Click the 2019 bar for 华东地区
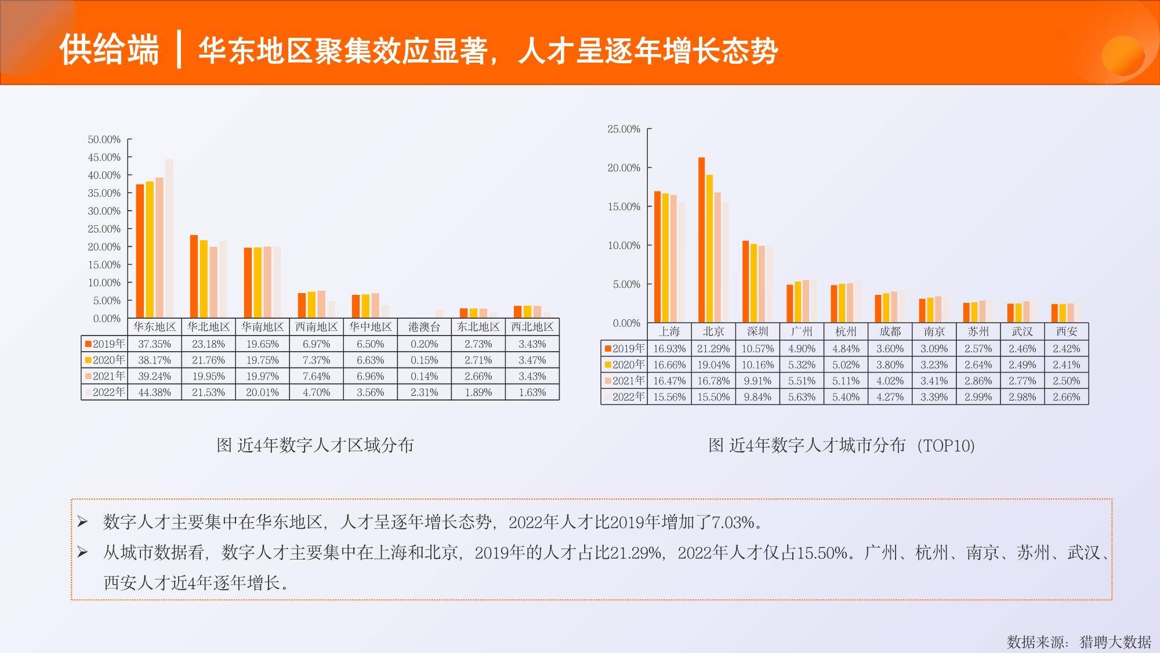click(140, 251)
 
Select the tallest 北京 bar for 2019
click(701, 240)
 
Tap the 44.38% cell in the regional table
click(154, 392)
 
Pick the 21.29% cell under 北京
click(713, 349)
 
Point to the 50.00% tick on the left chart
click(104, 139)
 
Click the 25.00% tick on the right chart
click(624, 129)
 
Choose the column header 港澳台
click(424, 327)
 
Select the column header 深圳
click(757, 331)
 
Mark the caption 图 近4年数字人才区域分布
click(315, 445)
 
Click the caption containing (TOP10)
click(842, 445)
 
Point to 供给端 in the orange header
click(109, 49)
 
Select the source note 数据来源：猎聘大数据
click(1079, 641)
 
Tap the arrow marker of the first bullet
click(82, 522)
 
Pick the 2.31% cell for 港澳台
click(424, 392)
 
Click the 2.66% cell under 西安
click(1067, 397)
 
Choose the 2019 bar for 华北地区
click(194, 277)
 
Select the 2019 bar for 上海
click(657, 257)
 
